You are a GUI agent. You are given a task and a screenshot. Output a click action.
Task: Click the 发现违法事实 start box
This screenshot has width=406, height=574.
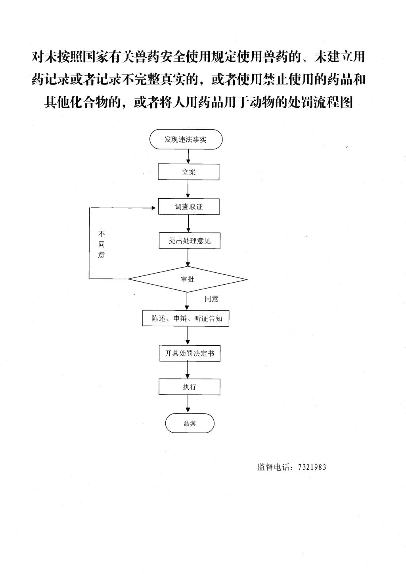186,139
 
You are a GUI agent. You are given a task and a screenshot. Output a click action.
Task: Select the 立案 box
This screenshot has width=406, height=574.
188,172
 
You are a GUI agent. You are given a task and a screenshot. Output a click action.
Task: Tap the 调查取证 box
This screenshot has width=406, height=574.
189,207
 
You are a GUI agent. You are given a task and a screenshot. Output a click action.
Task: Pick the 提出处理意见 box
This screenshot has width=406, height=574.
190,241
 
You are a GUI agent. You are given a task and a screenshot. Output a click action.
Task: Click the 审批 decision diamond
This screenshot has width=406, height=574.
188,279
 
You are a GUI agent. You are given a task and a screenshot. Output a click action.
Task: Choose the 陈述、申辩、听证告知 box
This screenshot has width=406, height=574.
186,319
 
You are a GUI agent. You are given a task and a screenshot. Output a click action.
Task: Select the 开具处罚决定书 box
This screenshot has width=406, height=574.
190,353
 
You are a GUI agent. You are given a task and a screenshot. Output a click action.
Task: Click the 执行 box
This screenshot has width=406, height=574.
190,386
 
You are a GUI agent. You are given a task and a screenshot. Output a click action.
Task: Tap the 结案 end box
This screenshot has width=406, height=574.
190,423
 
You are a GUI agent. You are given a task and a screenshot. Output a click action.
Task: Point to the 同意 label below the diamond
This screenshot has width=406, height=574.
211,299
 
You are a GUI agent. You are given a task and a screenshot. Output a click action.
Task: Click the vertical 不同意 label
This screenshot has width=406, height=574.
101,245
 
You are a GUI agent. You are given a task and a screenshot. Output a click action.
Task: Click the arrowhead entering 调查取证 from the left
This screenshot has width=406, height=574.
154,208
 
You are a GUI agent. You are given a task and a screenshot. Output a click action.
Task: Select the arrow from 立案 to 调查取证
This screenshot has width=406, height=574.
188,189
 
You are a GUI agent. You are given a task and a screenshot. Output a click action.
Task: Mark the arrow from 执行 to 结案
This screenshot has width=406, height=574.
188,404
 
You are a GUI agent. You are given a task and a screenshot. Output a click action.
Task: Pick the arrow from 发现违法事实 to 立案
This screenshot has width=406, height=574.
188,157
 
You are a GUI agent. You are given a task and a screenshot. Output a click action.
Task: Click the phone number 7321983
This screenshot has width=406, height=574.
312,467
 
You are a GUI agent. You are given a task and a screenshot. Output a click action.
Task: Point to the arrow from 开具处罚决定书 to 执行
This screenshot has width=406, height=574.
188,370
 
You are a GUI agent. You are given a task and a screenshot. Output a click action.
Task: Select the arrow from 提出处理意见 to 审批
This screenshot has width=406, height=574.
188,258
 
